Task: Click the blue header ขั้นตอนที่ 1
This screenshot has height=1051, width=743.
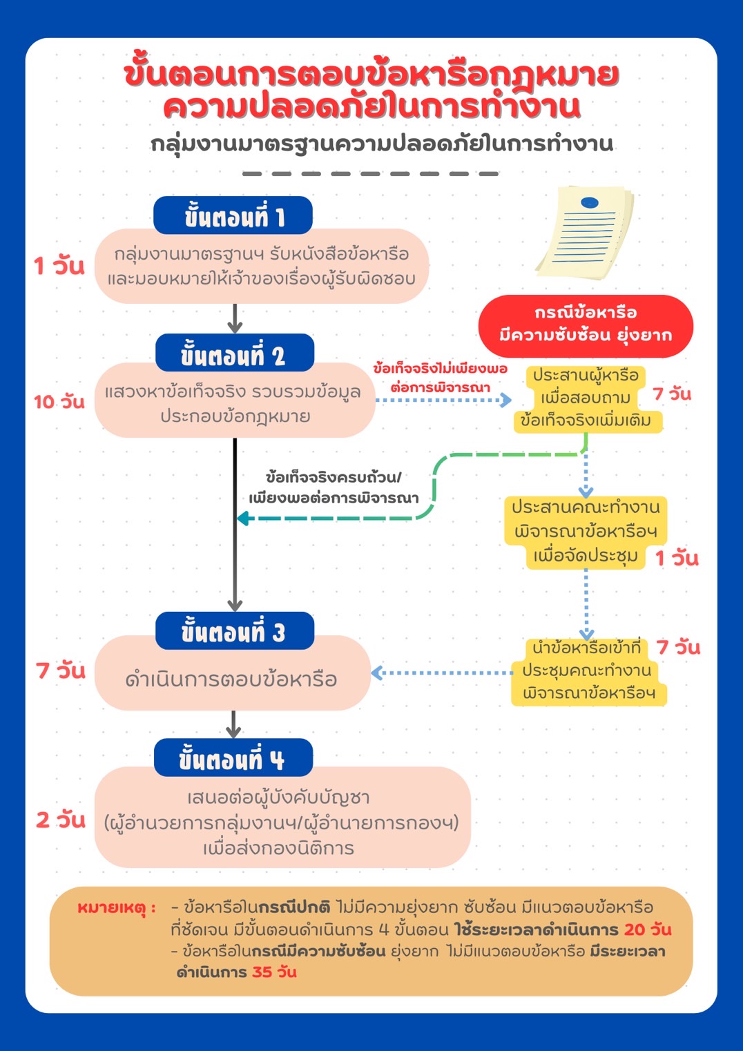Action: (233, 216)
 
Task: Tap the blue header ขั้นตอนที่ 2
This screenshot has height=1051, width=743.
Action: (234, 354)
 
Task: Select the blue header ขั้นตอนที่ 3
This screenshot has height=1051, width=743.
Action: (234, 631)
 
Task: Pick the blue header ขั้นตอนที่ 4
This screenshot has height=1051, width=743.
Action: (233, 759)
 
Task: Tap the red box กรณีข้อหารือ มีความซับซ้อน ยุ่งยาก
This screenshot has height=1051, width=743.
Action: (585, 325)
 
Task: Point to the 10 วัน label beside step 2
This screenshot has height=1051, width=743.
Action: (59, 402)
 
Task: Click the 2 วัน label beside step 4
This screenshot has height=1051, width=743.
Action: (61, 820)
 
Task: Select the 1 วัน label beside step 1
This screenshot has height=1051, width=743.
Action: (59, 265)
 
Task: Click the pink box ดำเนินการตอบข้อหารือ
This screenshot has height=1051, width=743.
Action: (232, 678)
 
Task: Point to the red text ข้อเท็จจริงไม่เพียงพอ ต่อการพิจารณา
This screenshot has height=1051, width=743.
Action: (440, 378)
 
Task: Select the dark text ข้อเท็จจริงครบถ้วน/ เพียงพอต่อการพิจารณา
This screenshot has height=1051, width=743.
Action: (334, 488)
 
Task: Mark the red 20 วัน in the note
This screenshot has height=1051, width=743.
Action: (648, 929)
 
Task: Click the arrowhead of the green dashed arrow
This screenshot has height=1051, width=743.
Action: (242, 518)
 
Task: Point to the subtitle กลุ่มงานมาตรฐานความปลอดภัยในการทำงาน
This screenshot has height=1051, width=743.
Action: (382, 144)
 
